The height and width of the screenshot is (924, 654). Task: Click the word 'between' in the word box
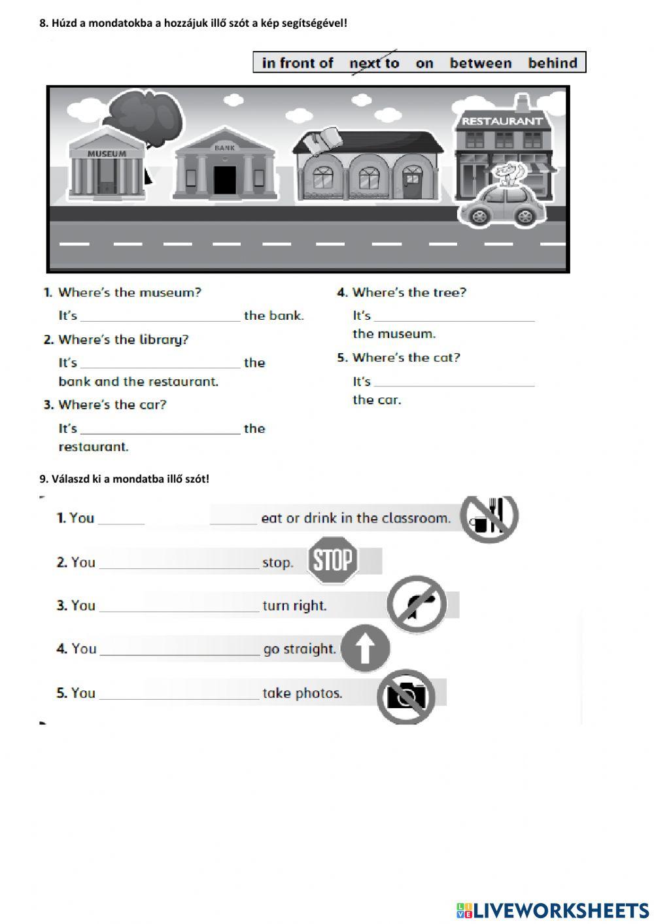click(481, 63)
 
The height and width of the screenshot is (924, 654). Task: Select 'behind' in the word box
click(553, 63)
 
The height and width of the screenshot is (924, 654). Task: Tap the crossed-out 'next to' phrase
click(374, 63)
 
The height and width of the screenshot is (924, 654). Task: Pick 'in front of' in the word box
click(298, 63)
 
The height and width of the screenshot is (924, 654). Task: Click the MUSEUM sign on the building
click(107, 154)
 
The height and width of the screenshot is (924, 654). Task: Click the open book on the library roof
click(327, 140)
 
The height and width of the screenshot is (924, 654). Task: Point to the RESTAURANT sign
click(502, 121)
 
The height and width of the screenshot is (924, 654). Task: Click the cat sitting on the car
click(509, 175)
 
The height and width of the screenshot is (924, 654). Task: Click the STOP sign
click(334, 560)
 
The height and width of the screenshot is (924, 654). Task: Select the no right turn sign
click(417, 604)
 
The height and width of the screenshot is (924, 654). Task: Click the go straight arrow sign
click(365, 649)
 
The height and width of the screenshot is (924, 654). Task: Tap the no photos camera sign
click(405, 696)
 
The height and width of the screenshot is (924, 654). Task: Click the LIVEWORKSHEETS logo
click(552, 910)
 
